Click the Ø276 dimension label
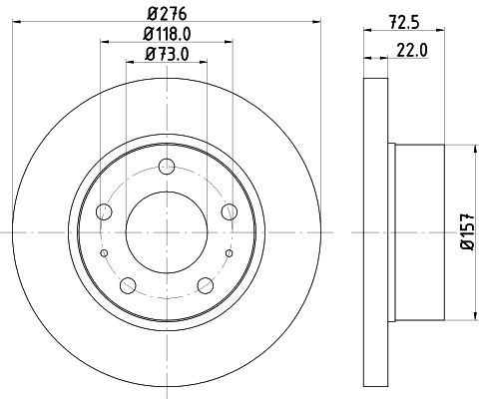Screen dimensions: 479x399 coord(167,14)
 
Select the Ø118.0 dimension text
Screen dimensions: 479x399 coord(167,34)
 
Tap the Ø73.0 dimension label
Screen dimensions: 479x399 coord(167,54)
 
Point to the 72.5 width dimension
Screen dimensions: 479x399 coord(404,22)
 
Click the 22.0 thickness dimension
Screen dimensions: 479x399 coord(412,51)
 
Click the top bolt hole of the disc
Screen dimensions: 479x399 coord(167,167)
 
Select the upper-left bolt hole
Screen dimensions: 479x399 coord(104,211)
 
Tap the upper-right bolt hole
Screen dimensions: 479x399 coord(230,211)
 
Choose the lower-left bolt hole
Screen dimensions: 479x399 coord(128,285)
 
